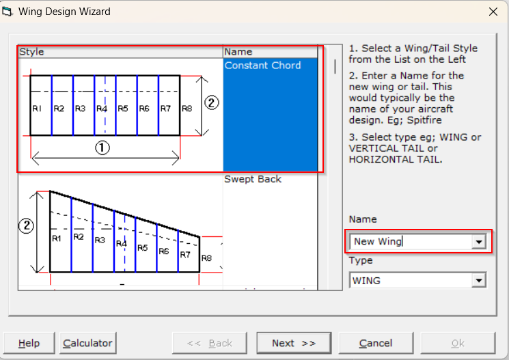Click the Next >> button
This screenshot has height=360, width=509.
click(294, 343)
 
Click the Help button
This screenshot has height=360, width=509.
click(29, 343)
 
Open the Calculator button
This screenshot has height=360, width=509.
click(87, 343)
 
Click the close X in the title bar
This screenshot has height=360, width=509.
click(493, 12)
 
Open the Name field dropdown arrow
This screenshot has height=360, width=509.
click(479, 242)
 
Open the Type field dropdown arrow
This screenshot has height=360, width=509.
click(479, 281)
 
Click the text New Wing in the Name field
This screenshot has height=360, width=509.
click(378, 242)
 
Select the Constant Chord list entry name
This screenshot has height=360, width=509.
click(262, 66)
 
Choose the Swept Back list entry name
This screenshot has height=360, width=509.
click(253, 179)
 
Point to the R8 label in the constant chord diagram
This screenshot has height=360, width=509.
click(187, 109)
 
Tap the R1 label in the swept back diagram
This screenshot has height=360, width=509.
click(57, 238)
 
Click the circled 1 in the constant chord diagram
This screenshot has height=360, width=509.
click(102, 148)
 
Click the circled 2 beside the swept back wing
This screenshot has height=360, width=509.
click(26, 225)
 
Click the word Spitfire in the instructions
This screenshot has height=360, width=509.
click(424, 120)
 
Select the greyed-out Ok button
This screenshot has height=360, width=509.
click(458, 343)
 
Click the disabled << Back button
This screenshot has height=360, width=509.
click(210, 343)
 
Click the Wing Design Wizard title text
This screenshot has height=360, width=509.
click(64, 12)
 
